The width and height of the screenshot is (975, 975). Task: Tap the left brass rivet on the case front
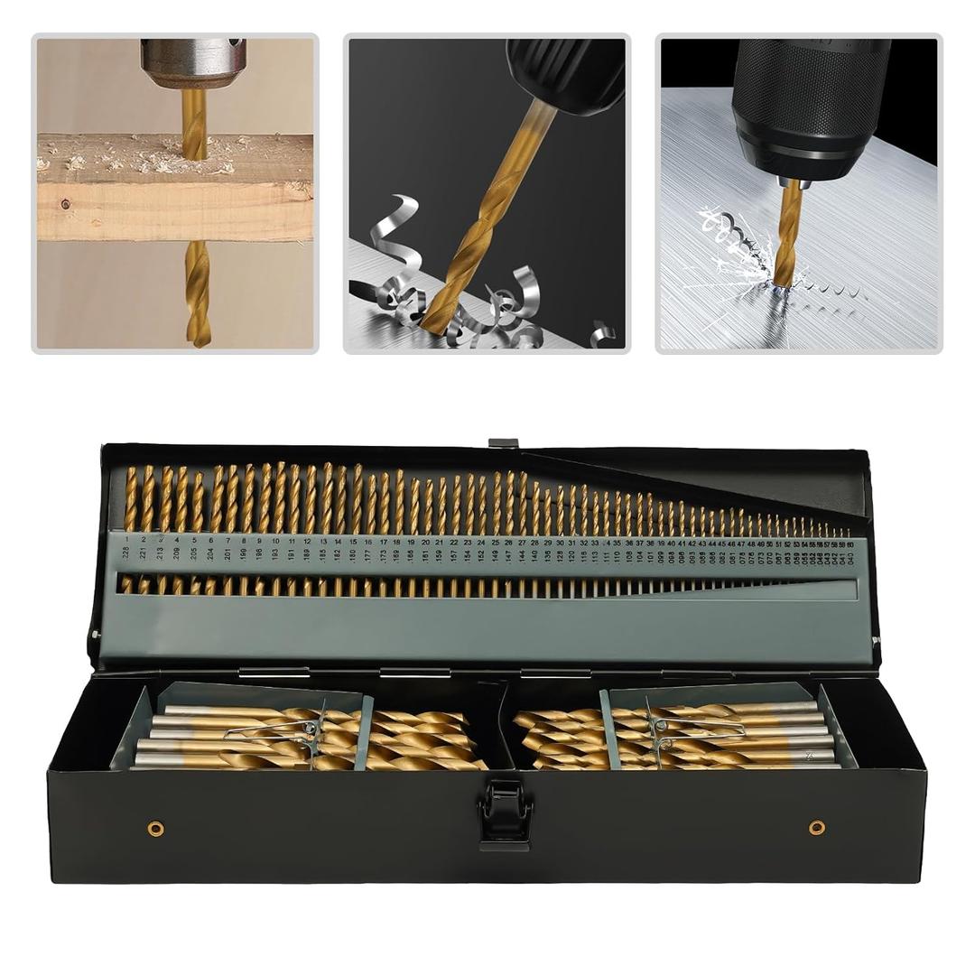[156, 828]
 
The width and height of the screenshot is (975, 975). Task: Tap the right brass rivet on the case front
[816, 827]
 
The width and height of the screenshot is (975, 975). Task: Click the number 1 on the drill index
[127, 539]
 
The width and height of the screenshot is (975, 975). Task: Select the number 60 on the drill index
[850, 543]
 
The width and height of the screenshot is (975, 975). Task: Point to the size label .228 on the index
[127, 553]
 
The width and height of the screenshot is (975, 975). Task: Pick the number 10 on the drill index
[274, 541]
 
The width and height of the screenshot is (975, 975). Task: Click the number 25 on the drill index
[495, 543]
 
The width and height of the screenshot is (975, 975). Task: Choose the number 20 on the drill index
[425, 543]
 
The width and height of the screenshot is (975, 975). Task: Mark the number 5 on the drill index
[194, 540]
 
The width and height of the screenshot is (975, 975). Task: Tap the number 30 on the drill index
[560, 543]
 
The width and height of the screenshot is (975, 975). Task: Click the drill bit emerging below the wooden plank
[197, 293]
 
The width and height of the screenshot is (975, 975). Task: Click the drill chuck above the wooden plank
[192, 62]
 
